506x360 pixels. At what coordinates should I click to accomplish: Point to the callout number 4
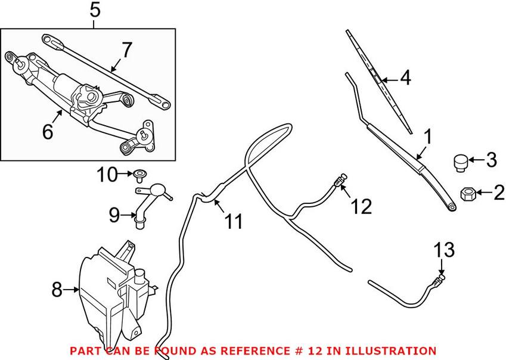tap(405, 79)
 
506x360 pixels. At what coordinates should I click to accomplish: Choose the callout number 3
tap(491, 160)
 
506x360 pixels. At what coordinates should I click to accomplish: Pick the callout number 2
tap(498, 192)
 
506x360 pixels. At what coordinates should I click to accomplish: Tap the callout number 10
tap(108, 175)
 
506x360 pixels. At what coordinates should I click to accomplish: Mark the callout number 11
tap(234, 222)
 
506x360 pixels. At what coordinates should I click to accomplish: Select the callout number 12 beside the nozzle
tap(361, 207)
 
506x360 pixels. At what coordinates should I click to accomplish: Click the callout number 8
tap(57, 290)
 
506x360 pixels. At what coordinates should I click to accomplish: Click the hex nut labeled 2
tap(468, 193)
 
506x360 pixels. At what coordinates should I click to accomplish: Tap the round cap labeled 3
tap(460, 162)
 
